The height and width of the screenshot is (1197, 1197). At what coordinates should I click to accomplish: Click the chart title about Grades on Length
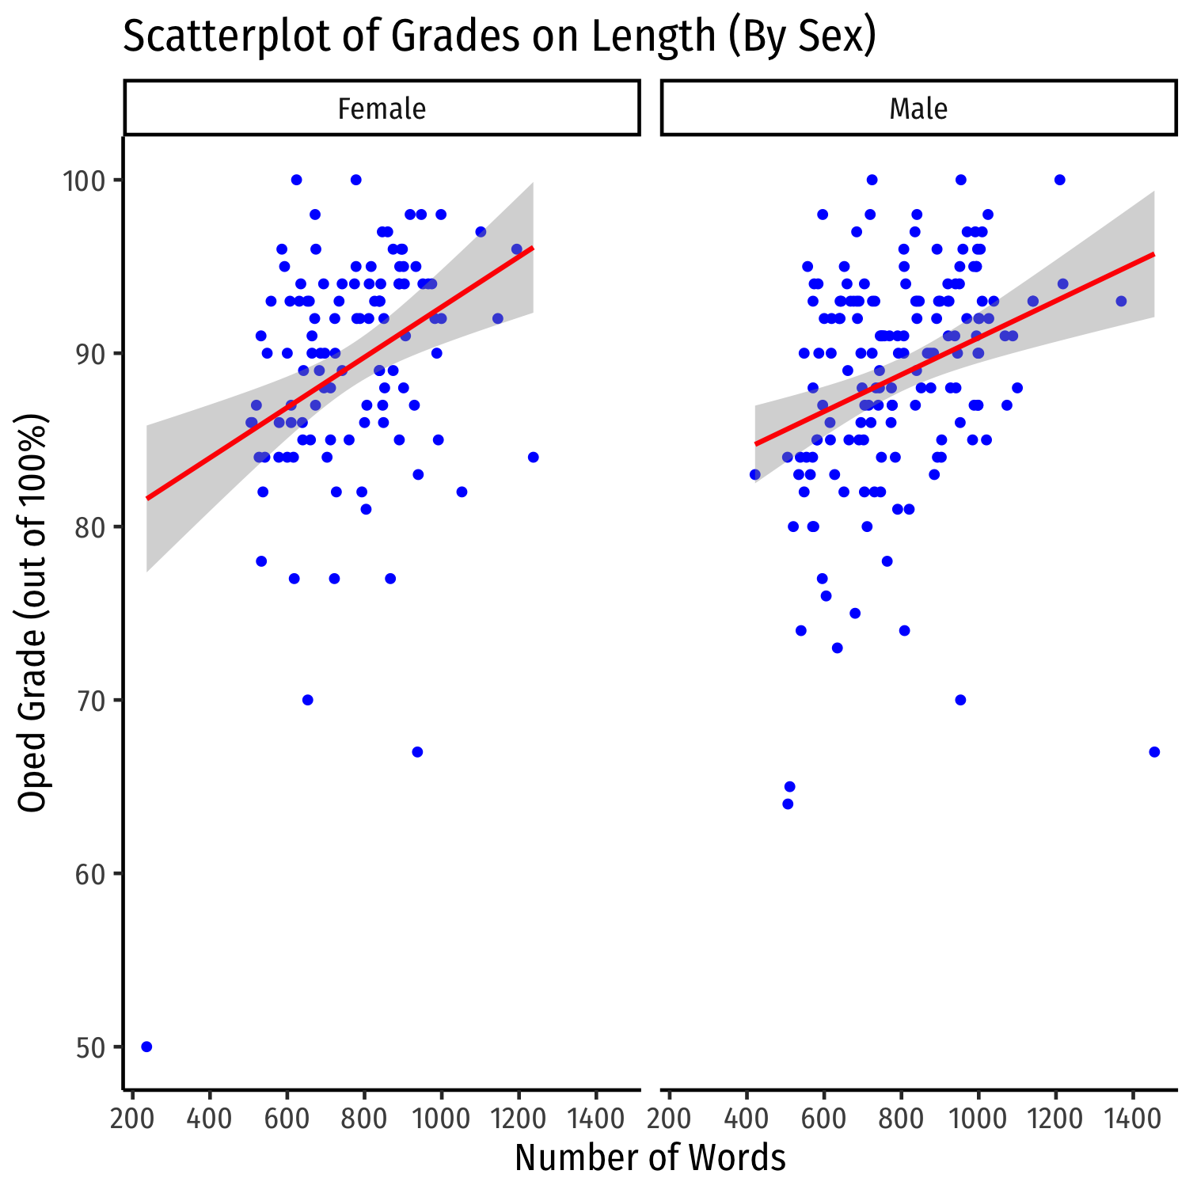pyautogui.click(x=499, y=37)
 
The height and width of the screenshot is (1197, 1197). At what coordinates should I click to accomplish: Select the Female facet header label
pyautogui.click(x=382, y=108)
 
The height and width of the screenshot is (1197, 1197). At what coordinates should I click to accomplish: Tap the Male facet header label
pyautogui.click(x=918, y=108)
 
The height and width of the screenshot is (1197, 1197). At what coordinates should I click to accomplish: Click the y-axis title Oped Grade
pyautogui.click(x=33, y=613)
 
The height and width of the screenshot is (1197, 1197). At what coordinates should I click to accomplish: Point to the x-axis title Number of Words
pyautogui.click(x=650, y=1158)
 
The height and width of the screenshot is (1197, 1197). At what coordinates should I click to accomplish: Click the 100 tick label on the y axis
pyautogui.click(x=84, y=180)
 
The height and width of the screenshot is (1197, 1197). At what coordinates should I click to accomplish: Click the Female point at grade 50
pyautogui.click(x=146, y=1047)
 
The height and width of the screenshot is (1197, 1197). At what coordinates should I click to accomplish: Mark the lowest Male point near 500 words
pyautogui.click(x=788, y=804)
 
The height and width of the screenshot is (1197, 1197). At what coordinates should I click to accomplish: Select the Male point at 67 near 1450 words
pyautogui.click(x=1154, y=751)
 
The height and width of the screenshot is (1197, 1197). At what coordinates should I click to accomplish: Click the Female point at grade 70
pyautogui.click(x=308, y=700)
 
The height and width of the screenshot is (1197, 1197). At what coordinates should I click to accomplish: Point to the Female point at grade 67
pyautogui.click(x=417, y=751)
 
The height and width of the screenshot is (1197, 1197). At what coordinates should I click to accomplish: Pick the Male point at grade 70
pyautogui.click(x=960, y=700)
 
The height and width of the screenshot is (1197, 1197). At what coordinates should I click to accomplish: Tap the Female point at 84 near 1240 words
pyautogui.click(x=533, y=457)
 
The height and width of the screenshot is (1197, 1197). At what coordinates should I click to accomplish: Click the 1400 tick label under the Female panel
pyautogui.click(x=595, y=1119)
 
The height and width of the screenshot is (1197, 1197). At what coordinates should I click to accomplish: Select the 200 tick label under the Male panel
pyautogui.click(x=670, y=1119)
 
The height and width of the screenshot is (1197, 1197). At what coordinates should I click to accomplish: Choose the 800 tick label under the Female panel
pyautogui.click(x=364, y=1119)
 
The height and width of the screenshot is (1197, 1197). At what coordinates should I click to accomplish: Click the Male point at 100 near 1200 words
pyautogui.click(x=1059, y=180)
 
